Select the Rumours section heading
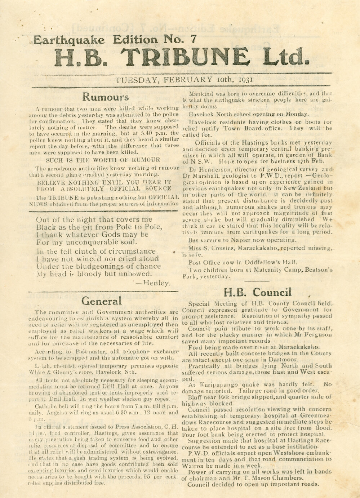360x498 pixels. point(105,97)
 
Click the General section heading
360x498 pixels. point(101,301)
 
